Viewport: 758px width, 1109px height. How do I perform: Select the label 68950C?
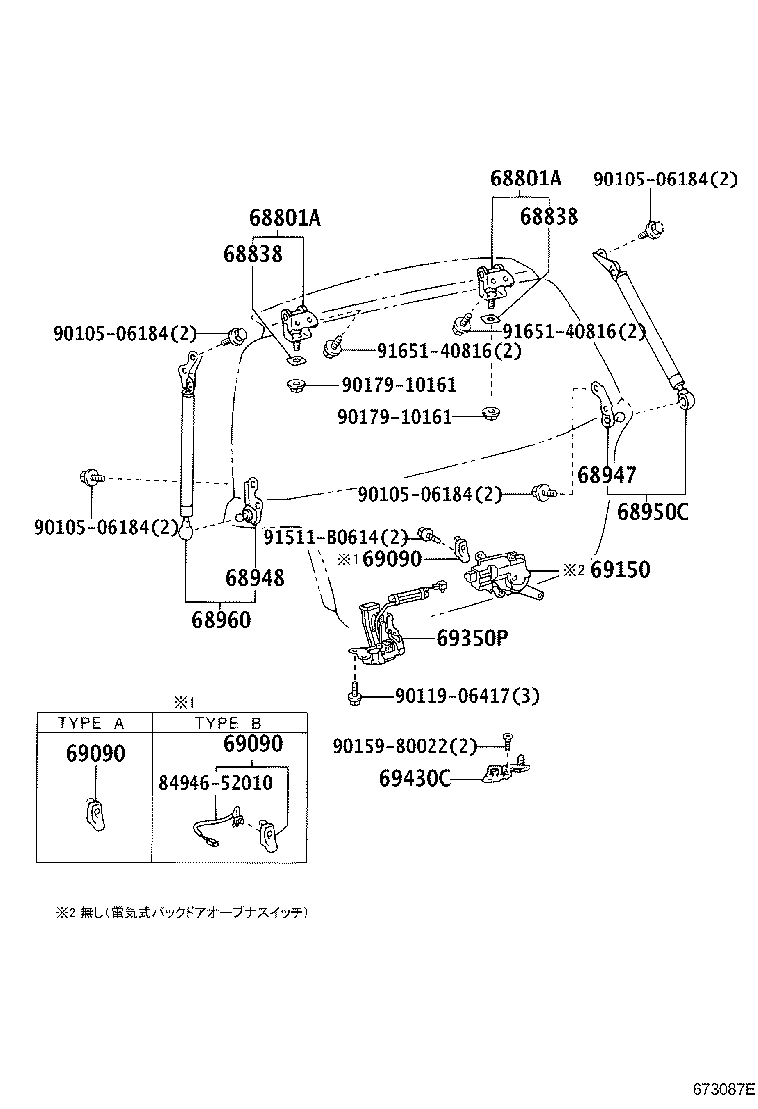(652, 513)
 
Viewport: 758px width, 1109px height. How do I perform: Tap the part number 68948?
(254, 578)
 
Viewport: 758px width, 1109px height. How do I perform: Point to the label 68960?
(221, 619)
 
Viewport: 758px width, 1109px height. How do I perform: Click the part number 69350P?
(472, 639)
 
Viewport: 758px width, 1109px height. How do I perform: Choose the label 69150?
(619, 570)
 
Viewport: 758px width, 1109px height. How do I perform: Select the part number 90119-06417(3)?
(467, 696)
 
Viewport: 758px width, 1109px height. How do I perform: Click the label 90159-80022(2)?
(404, 745)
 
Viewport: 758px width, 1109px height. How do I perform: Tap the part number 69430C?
(413, 778)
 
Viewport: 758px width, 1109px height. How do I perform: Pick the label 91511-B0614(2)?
(336, 536)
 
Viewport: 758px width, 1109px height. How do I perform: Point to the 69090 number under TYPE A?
(95, 755)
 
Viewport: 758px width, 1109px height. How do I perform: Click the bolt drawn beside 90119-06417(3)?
(354, 694)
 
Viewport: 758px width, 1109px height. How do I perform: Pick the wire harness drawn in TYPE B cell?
(213, 827)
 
